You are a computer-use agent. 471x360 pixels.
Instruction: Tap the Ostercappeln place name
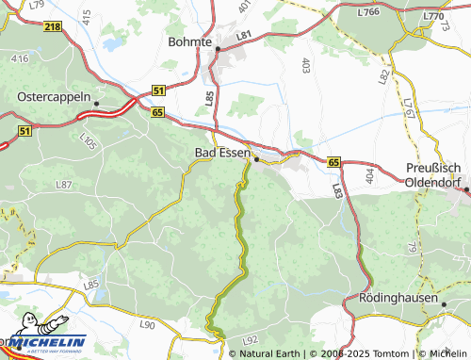[55, 96]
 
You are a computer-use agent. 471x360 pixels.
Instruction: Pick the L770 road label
[432, 16]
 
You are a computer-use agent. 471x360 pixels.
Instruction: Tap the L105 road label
[89, 142]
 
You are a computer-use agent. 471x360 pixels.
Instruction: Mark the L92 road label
[250, 339]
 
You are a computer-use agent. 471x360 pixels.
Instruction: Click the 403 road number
[305, 65]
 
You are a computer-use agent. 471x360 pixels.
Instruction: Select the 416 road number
[20, 58]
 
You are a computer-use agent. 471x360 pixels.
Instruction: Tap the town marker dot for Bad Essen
[256, 159]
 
